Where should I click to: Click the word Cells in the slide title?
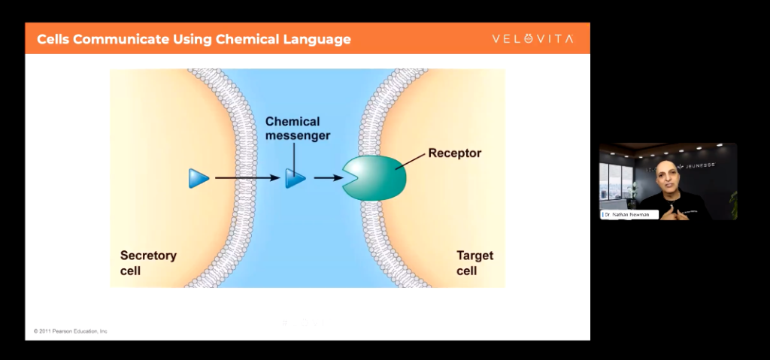[x=55, y=39]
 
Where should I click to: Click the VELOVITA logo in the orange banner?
[x=532, y=39]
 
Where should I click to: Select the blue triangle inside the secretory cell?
[x=199, y=178]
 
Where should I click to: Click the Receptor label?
[x=454, y=153]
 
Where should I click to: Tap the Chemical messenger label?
[x=293, y=129]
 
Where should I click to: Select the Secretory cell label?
[x=148, y=262]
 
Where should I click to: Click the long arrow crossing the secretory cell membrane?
[x=247, y=178]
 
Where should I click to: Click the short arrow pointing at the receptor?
[x=325, y=178]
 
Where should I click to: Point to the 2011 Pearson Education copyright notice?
[x=70, y=331]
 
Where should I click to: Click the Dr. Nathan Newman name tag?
[x=630, y=214]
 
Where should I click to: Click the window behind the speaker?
[x=616, y=184]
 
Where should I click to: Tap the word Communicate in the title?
[x=123, y=39]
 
